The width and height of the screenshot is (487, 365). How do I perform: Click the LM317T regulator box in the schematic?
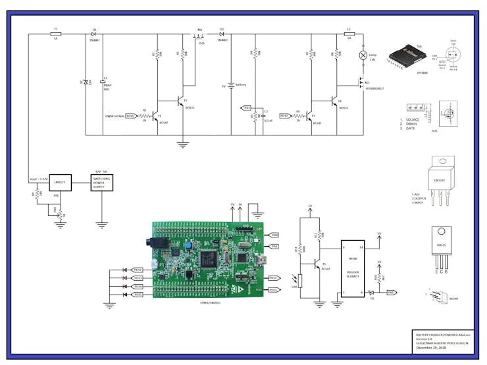click(x=59, y=182)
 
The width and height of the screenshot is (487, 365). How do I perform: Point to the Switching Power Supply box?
click(x=101, y=182)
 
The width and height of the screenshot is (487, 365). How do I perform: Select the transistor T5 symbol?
click(x=318, y=267)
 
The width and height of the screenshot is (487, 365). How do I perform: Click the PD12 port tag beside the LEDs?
click(x=138, y=270)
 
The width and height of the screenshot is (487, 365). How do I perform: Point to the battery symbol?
click(x=230, y=85)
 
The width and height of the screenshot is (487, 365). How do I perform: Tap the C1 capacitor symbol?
click(x=102, y=84)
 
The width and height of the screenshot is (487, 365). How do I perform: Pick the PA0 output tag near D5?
click(x=390, y=292)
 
